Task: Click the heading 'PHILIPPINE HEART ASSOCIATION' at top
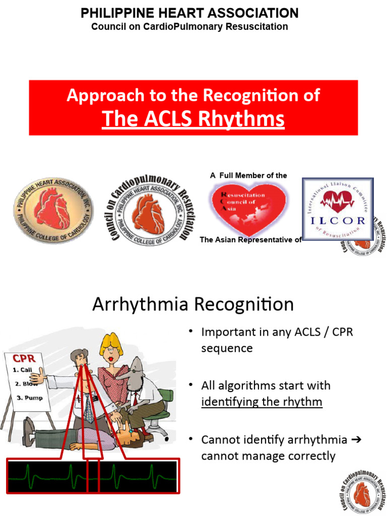coord(189,13)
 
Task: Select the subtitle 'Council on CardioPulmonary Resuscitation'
coord(189,27)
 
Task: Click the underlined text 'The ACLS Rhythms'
coord(193,119)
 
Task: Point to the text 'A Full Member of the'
coord(248,175)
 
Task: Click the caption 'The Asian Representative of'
coord(250,240)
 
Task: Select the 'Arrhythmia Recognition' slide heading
coord(193,304)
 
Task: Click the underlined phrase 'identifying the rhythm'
coord(262,402)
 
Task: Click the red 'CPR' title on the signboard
coord(24,359)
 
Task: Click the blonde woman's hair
coord(111,345)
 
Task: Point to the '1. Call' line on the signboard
coord(23,369)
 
